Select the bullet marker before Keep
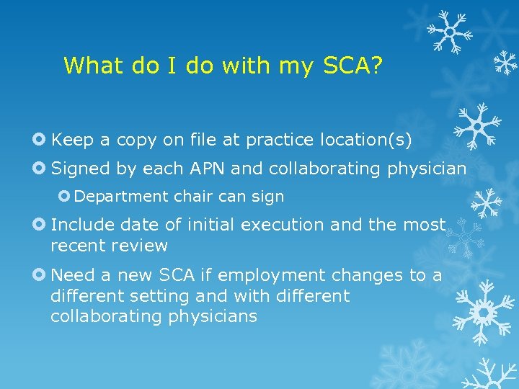coord(40,139)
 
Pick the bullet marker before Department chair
coord(64,196)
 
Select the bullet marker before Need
coord(40,275)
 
